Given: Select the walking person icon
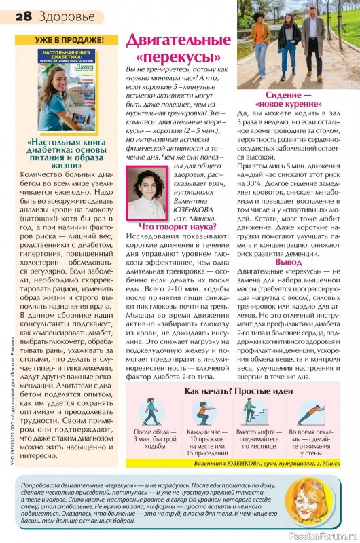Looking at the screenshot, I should point(149,411).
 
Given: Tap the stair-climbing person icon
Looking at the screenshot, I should point(255,411).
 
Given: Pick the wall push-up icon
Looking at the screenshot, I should point(308,411).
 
